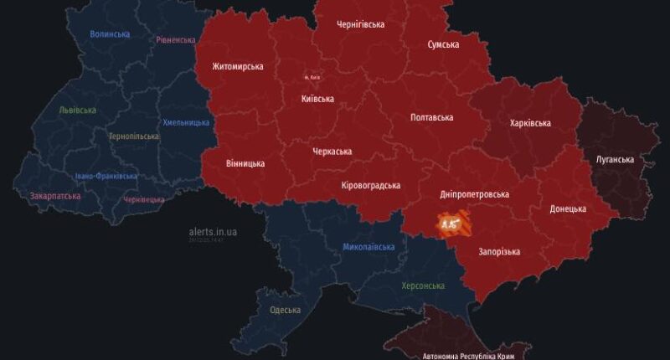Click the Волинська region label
110,34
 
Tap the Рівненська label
176,40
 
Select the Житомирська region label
238,66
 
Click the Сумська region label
443,44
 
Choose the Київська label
317,99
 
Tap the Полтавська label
431,117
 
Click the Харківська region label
530,123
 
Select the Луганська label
616,159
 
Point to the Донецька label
568,208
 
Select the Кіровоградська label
371,185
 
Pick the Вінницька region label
245,163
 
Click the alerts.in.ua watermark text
213,231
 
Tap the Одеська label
286,311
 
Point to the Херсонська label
423,285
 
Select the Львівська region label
78,110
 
